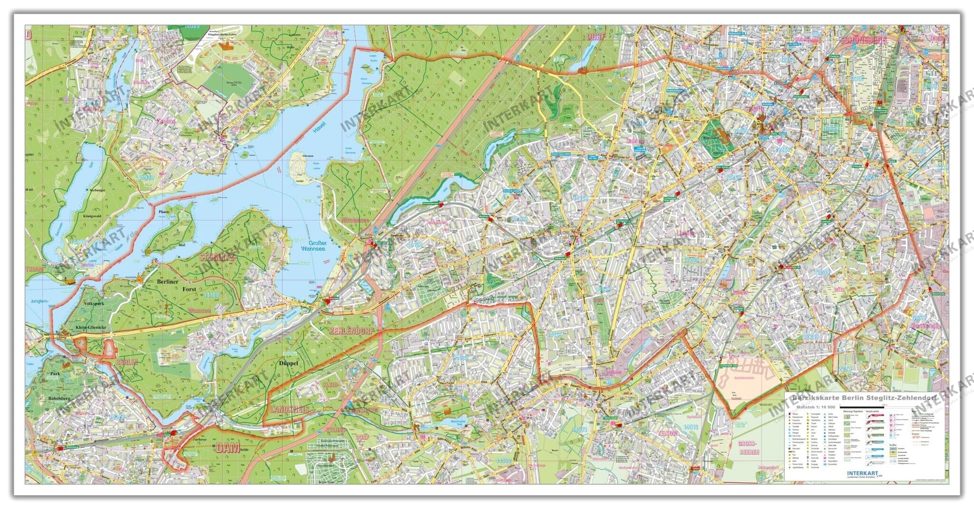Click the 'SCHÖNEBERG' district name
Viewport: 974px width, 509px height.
pyautogui.click(x=863, y=40)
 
